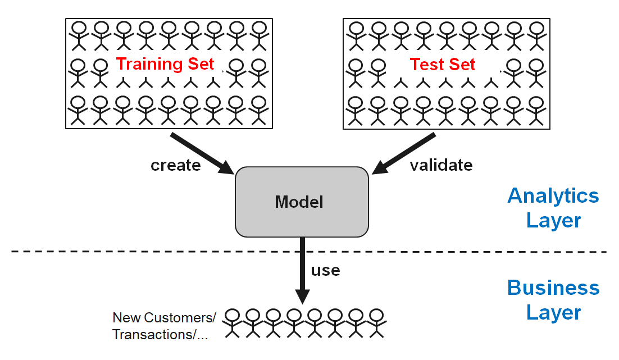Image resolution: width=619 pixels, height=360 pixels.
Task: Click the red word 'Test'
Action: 425,65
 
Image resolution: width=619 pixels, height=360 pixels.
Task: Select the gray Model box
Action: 302,202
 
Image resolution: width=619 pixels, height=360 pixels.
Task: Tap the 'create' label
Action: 175,165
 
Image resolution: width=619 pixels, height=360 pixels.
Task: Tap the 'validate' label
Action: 440,165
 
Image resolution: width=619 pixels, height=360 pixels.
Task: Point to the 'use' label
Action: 325,270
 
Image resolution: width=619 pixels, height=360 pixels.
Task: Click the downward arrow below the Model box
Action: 303,270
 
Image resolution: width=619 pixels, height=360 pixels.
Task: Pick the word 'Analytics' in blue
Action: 553,195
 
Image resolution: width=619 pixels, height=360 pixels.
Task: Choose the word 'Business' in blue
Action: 553,288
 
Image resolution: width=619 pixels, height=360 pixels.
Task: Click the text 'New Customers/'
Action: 164,317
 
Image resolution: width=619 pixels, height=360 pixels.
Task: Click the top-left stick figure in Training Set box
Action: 78,35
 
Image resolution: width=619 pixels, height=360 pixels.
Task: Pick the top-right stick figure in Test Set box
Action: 537,35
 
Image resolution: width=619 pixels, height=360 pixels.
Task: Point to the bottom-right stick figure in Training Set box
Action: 258,110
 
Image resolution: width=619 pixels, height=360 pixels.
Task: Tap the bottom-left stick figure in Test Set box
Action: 355,110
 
